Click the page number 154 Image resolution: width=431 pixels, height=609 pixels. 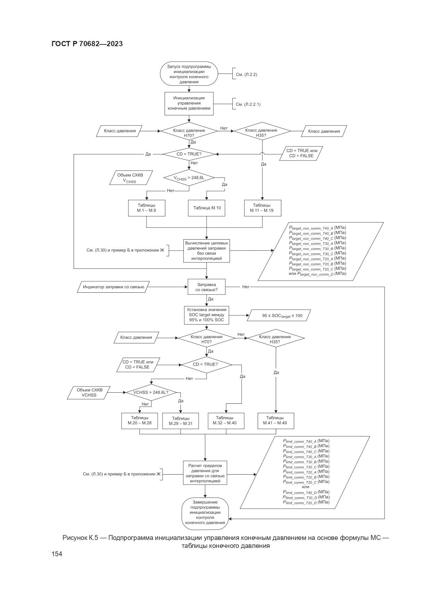[x=57, y=554]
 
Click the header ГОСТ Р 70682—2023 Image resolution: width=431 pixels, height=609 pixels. [x=87, y=44]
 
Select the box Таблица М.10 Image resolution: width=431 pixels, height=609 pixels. [x=207, y=208]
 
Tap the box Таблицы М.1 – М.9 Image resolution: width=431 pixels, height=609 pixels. [x=146, y=208]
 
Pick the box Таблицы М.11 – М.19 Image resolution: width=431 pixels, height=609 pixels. [x=262, y=208]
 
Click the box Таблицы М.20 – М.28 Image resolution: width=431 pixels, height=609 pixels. [x=140, y=420]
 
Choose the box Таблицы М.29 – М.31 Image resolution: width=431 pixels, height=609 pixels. [x=181, y=421]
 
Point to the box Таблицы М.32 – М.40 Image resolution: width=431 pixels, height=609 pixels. [x=226, y=420]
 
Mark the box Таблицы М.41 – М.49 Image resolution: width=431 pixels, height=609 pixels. [x=276, y=420]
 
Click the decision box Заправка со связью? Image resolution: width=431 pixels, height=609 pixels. [x=207, y=287]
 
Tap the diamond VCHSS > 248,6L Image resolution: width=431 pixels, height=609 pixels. [x=189, y=178]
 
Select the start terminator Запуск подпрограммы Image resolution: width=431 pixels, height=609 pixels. [x=189, y=74]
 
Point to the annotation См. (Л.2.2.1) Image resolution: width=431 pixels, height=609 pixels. [x=248, y=104]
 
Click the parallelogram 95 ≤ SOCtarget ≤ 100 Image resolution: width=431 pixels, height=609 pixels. [x=278, y=316]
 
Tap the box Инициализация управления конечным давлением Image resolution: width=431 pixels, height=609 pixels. [x=189, y=103]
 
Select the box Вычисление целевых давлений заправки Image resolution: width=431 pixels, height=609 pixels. [x=207, y=251]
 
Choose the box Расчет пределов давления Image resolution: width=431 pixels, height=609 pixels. [x=205, y=473]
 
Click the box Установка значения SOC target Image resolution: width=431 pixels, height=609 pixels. [x=207, y=315]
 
